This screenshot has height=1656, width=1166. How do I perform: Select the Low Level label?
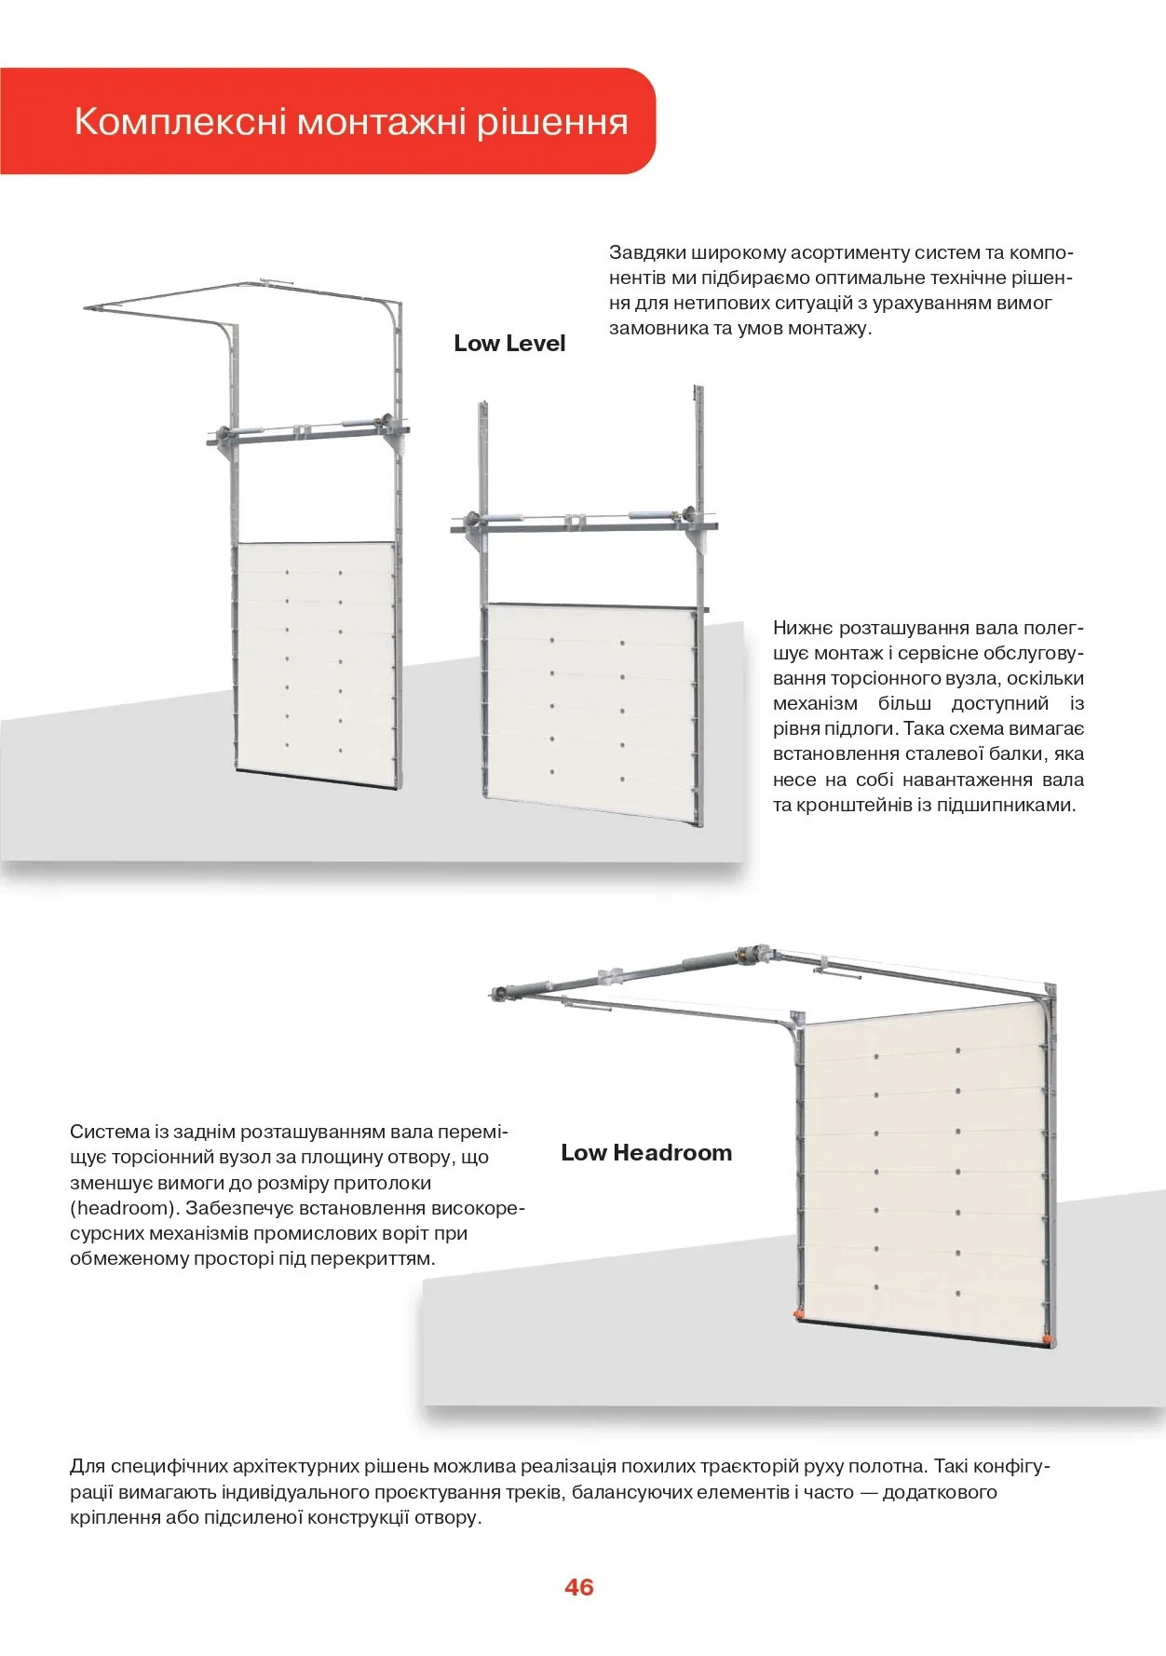pos(509,344)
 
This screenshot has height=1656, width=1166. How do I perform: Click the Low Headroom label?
pos(646,1153)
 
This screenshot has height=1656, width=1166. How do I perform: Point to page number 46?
pos(578,1587)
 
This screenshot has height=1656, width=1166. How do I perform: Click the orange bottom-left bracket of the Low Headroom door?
pos(797,1313)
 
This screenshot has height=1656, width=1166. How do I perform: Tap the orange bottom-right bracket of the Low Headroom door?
pos(1050,1341)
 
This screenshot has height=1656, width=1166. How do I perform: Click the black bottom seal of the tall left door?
pos(317,779)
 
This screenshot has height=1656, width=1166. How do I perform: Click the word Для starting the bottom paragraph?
pos(87,1467)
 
